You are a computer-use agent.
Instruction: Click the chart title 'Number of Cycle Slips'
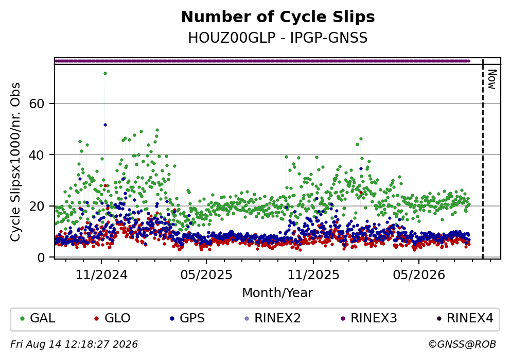tap(278, 17)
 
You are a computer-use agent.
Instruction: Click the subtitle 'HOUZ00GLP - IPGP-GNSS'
tap(278, 38)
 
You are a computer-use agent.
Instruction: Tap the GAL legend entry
tap(38, 318)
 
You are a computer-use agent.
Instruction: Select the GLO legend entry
tap(112, 318)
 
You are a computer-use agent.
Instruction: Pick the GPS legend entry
tap(187, 318)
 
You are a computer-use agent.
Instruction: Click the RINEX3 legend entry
tap(369, 318)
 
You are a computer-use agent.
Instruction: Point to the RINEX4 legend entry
tap(465, 318)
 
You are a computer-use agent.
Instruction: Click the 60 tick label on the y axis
tap(37, 104)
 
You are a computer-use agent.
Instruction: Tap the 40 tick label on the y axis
tap(37, 155)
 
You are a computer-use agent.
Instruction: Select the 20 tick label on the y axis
tap(37, 206)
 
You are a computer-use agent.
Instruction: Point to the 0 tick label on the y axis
tap(41, 258)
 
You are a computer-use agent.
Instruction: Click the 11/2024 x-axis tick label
tap(101, 275)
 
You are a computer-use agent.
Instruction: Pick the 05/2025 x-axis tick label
tap(206, 275)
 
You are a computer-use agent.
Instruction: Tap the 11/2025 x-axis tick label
tap(313, 275)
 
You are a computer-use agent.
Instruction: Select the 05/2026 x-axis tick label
tap(419, 275)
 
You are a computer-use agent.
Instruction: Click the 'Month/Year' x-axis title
tap(277, 293)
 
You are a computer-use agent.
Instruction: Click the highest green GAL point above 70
tap(105, 73)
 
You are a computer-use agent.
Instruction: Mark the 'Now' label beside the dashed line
tap(492, 79)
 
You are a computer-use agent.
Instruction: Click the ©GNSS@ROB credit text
tap(462, 345)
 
